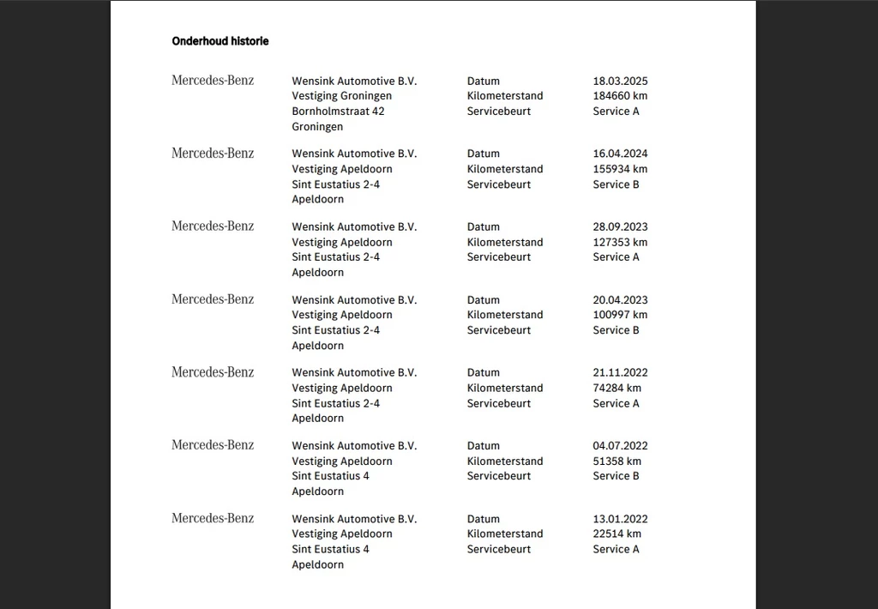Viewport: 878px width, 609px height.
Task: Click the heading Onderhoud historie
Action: coord(219,41)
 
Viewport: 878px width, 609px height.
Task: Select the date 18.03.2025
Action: coord(620,81)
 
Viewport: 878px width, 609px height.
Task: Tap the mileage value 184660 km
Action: coord(620,96)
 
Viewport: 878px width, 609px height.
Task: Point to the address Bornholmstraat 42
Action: coord(338,112)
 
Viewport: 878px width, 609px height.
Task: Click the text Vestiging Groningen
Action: coord(341,96)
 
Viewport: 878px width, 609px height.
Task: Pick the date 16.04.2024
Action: coord(620,154)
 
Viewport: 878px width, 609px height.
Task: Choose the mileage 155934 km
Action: coord(620,169)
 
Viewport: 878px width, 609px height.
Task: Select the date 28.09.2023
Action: coord(620,227)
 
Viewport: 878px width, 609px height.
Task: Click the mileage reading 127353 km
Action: coord(620,242)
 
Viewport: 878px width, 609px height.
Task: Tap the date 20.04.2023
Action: coord(620,300)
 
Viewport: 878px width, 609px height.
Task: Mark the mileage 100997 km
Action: coord(620,315)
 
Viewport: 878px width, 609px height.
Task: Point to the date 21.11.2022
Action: coord(620,373)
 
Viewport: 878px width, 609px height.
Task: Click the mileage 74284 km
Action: coord(616,388)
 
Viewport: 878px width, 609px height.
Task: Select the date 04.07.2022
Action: coord(620,446)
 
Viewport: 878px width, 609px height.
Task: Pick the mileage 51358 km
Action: coord(616,461)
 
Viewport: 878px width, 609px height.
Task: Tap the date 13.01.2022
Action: coord(620,519)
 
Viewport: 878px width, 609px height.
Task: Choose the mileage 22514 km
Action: coord(616,534)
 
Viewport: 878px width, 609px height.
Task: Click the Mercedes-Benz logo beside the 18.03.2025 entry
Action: coord(213,81)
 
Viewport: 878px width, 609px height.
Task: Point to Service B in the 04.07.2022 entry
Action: coord(616,476)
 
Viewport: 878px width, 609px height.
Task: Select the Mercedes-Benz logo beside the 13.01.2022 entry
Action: coord(213,518)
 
